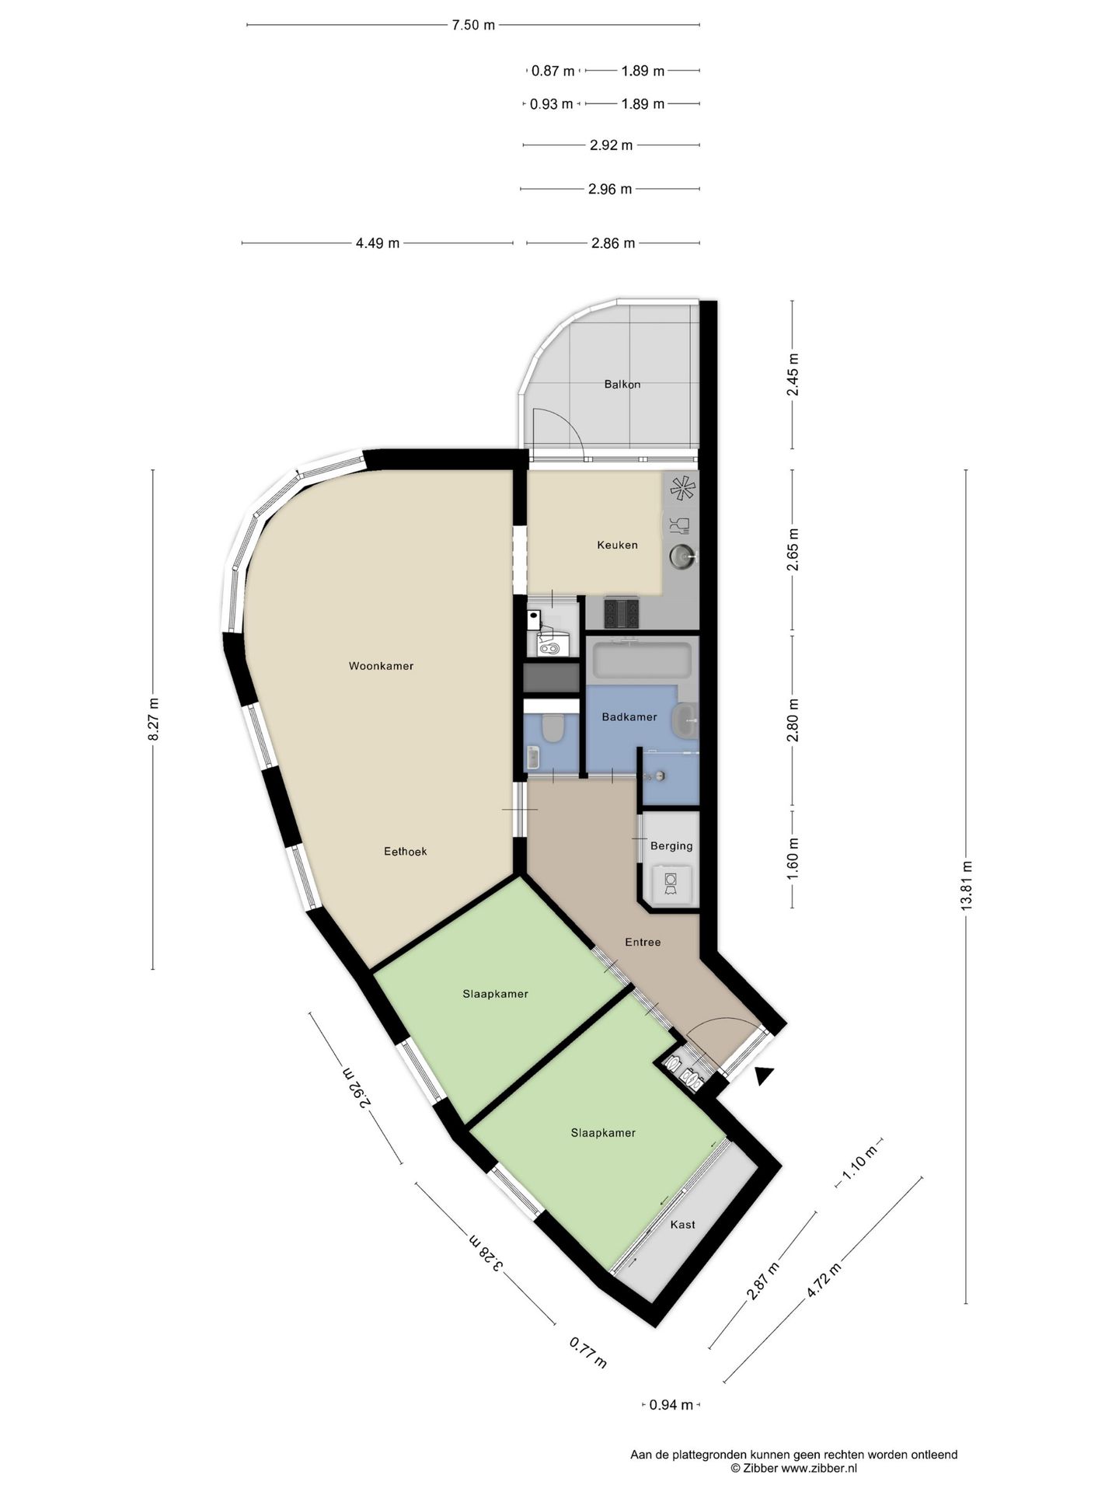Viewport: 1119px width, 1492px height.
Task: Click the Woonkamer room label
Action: (381, 666)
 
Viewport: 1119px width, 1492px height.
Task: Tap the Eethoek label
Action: (406, 852)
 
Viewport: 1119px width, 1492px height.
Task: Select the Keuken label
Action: (617, 545)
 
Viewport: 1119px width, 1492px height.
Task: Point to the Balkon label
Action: (622, 384)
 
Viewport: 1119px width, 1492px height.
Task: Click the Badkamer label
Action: (629, 717)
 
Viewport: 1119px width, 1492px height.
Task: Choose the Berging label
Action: (671, 846)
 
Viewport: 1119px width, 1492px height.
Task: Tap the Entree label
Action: (643, 943)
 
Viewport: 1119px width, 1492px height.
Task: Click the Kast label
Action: (683, 1225)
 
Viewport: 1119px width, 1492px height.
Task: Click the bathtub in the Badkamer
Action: (642, 660)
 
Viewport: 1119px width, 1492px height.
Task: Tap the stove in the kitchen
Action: (622, 613)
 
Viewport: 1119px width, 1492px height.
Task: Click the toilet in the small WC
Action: (553, 728)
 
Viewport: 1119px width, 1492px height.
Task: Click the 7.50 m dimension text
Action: (473, 25)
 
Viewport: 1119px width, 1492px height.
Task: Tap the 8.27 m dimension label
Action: (153, 719)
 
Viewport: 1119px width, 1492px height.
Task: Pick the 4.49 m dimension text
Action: (378, 243)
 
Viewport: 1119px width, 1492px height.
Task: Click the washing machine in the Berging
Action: (671, 885)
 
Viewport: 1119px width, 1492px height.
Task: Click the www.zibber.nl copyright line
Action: (793, 1468)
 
